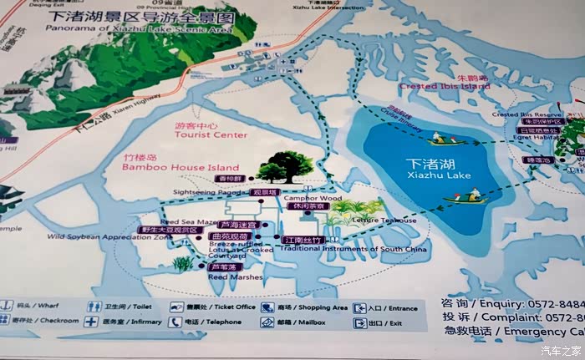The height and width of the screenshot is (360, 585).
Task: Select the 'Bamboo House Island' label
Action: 181,167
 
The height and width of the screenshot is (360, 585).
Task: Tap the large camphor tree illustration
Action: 282,168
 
